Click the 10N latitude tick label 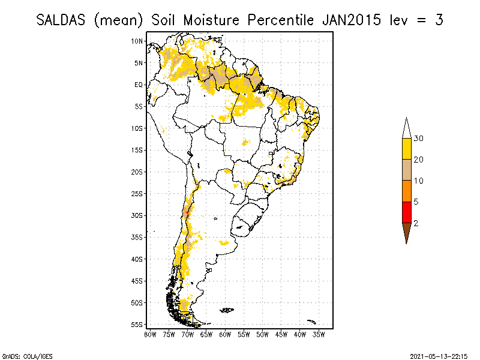pos(137,41)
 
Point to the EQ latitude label pos(139,85)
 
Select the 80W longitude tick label pos(150,334)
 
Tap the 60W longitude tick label pos(226,334)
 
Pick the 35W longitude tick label pos(320,334)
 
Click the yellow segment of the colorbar pos(406,149)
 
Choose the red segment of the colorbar pos(406,212)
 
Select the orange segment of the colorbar pos(406,191)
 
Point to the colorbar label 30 pos(419,139)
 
